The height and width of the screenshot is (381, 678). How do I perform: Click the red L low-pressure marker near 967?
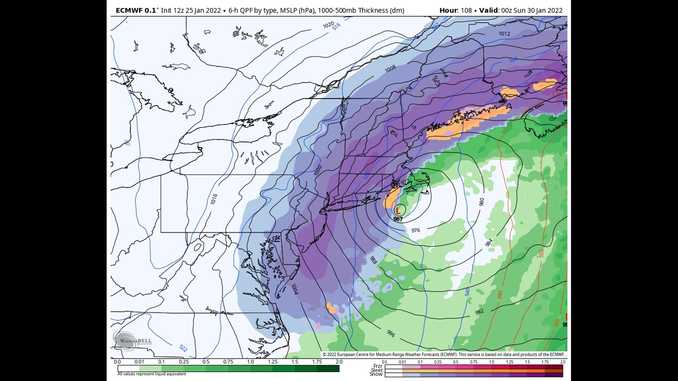(398, 211)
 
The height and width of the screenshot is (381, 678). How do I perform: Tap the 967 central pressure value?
(398, 219)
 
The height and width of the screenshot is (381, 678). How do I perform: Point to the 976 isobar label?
(416, 230)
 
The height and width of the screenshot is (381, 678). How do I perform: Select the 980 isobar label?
(482, 202)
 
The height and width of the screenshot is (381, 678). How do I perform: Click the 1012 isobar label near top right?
(504, 34)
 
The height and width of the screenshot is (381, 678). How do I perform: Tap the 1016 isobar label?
(214, 199)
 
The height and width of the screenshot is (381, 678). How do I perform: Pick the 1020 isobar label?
(328, 25)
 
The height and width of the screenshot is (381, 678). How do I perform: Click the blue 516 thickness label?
(336, 26)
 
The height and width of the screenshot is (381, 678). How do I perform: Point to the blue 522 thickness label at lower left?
(183, 348)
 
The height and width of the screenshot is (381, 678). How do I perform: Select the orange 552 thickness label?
(541, 253)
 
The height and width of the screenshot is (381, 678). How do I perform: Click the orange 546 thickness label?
(500, 295)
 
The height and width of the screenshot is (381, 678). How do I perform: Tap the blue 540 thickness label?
(468, 292)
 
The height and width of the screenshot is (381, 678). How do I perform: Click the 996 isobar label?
(391, 333)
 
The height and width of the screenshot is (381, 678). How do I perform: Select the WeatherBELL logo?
(132, 341)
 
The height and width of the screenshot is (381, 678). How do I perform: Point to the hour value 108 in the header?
(466, 10)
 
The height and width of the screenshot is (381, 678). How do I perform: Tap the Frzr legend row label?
(378, 366)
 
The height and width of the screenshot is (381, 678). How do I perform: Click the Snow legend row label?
(376, 374)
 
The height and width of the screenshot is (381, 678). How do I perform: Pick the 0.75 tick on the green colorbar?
(228, 362)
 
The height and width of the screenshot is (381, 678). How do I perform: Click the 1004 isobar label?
(295, 289)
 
